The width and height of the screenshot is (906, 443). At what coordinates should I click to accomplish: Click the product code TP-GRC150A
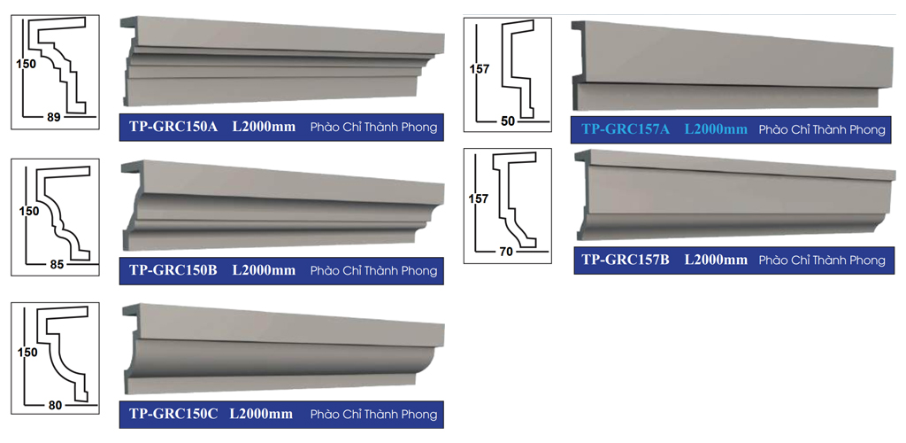pos(173,127)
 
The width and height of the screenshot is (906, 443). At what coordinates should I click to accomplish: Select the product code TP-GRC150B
pos(173,270)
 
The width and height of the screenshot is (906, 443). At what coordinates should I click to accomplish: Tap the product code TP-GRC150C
pos(173,414)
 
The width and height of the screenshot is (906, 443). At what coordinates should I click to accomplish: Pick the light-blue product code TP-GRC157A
pos(626,129)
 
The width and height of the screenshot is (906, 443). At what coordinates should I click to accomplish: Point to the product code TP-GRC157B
pos(626,260)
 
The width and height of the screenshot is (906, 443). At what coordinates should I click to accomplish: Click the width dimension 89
pos(54,118)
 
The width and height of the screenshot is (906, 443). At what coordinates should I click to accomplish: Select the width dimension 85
pos(57,265)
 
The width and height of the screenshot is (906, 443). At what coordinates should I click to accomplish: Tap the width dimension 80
pos(55,406)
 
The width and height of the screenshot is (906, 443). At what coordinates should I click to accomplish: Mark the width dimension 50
pos(508,121)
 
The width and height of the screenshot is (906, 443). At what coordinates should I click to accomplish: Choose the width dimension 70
pos(505,253)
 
